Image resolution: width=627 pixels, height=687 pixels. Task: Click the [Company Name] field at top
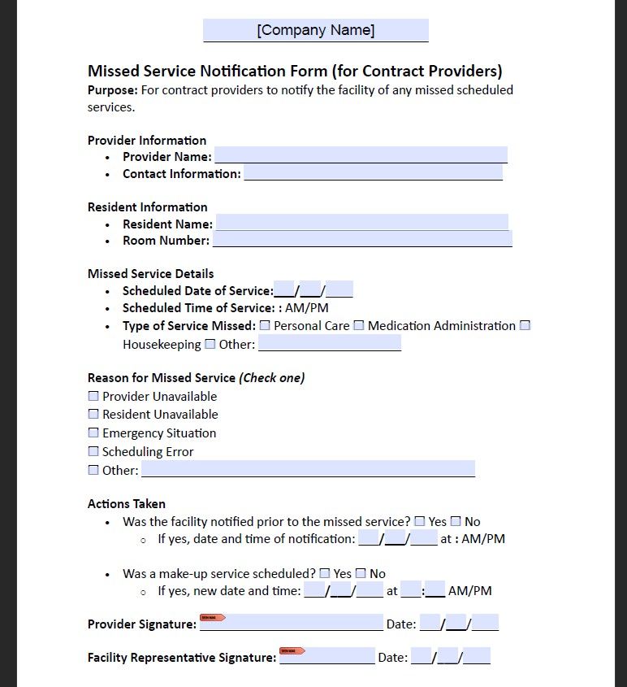315,31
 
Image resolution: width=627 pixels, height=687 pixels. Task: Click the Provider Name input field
361,155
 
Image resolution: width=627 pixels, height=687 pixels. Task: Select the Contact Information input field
373,172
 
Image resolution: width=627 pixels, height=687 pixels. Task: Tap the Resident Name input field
361,223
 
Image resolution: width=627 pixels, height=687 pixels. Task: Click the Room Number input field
362,240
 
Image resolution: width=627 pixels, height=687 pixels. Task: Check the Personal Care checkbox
265,325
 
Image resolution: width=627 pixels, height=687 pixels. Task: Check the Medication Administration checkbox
359,325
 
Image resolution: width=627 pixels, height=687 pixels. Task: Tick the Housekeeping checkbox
525,325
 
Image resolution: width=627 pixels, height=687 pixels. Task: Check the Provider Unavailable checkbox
93,396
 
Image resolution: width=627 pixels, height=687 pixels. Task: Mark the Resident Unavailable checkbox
93,414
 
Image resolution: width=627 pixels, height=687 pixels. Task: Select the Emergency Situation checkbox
93,433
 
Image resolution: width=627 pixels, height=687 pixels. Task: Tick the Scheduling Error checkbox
93,451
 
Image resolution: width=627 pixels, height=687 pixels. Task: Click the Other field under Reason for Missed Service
308,469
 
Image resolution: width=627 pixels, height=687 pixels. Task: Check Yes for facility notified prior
420,521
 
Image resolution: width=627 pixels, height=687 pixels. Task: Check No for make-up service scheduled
361,573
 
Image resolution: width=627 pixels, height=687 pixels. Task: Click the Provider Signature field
292,623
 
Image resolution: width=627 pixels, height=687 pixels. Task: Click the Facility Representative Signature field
327,656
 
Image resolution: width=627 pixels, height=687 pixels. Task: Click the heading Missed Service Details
150,273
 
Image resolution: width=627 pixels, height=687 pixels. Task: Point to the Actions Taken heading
126,503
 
